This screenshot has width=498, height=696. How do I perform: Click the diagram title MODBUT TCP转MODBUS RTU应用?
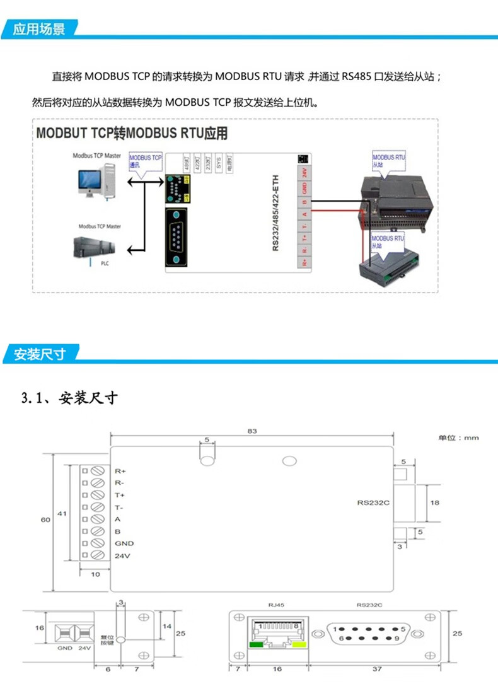131,134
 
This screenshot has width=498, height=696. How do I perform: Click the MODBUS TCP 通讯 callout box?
145,160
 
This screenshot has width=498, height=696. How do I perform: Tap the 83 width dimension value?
252,431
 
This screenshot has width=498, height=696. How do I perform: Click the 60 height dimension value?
45,520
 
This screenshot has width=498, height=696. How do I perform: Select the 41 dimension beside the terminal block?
62,514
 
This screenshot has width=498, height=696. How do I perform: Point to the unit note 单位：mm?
458,438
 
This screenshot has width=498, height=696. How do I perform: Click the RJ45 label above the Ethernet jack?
276,605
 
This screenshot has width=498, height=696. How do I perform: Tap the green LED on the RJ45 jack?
257,644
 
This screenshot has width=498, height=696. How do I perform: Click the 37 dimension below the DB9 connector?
376,669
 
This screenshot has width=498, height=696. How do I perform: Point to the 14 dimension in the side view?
167,626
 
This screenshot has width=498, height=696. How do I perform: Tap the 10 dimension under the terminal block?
96,574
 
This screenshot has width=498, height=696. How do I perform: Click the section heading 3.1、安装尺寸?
69,398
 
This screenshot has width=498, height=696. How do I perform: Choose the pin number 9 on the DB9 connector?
397,639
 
